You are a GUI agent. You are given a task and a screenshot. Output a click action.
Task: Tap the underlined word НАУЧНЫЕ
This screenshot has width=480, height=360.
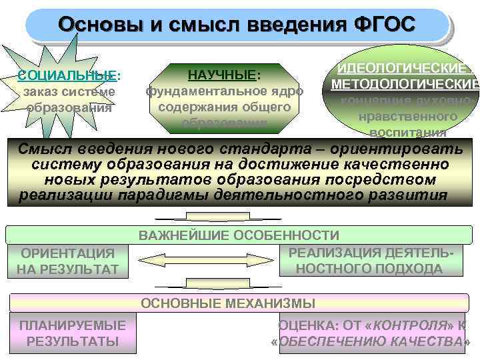click(223, 73)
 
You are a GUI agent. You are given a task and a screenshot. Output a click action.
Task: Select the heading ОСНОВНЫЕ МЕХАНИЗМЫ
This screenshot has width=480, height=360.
click(227, 304)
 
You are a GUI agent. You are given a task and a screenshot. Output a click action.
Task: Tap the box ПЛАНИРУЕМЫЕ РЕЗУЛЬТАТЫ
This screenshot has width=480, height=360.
click(72, 333)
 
